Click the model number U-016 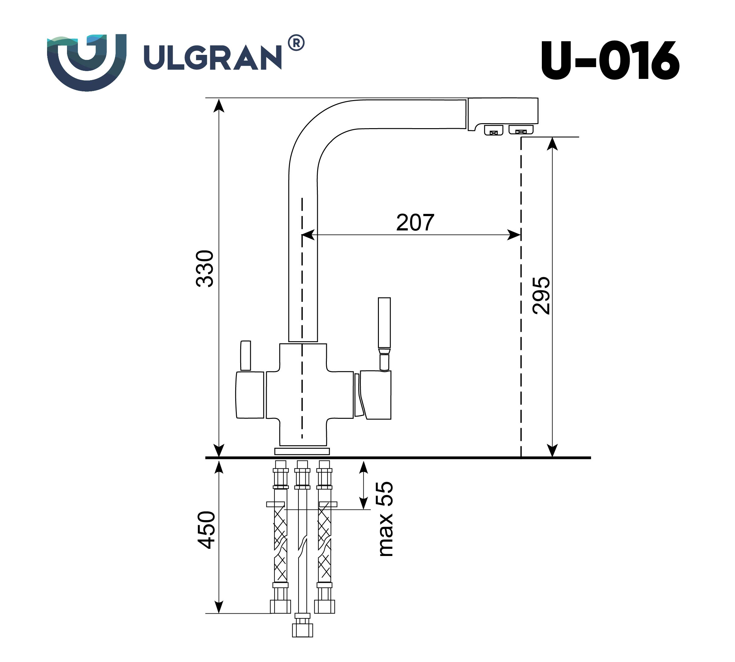[609, 60]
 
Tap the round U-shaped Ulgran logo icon [87, 62]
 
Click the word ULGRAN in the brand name [212, 57]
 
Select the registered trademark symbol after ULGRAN [296, 43]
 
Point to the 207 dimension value [415, 222]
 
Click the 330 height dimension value [205, 269]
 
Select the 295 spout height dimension [541, 295]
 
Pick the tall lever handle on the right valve [384, 323]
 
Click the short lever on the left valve [246, 355]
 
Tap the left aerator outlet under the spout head [493, 130]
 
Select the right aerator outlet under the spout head [521, 129]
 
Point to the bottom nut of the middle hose [303, 630]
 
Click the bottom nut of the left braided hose [280, 606]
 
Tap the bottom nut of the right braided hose [324, 606]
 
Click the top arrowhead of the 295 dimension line [552, 144]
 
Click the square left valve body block [250, 395]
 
